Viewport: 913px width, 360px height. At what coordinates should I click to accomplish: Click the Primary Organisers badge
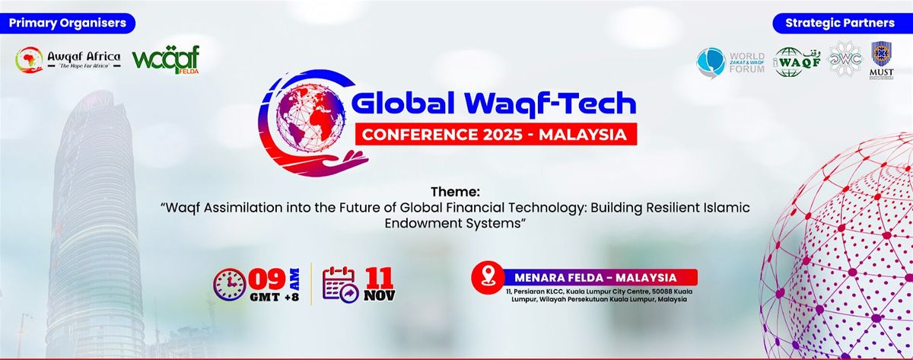[68, 23]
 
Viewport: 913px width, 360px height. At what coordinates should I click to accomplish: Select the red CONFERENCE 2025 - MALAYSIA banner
[495, 135]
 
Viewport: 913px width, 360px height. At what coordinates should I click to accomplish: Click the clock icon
[231, 283]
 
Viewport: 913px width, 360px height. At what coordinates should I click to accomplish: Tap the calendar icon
[340, 283]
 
